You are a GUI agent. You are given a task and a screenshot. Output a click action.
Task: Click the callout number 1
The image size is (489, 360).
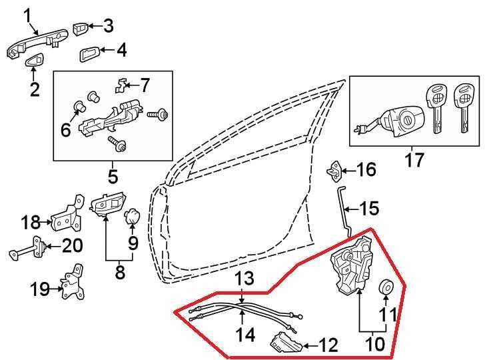click(x=27, y=17)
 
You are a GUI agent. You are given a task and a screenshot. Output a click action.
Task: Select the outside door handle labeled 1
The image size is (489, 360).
click(x=37, y=43)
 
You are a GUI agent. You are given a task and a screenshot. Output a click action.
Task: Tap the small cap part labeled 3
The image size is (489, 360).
click(x=81, y=29)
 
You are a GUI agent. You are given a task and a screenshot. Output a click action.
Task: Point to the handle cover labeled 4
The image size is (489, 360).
click(x=89, y=55)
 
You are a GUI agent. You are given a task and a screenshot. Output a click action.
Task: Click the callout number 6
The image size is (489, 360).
click(x=66, y=129)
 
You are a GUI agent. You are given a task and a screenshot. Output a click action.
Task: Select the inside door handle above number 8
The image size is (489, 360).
click(x=107, y=204)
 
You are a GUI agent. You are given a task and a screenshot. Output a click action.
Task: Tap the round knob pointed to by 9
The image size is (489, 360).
click(x=132, y=217)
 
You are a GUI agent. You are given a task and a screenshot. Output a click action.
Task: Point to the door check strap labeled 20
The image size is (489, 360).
click(x=28, y=248)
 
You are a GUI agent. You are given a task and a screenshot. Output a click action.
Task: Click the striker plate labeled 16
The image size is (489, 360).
click(x=334, y=171)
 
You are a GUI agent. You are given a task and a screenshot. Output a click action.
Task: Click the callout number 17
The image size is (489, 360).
click(x=414, y=160)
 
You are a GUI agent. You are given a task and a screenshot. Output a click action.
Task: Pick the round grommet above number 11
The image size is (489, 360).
click(x=386, y=287)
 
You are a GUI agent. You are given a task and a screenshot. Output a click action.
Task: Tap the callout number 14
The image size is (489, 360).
click(x=245, y=335)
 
